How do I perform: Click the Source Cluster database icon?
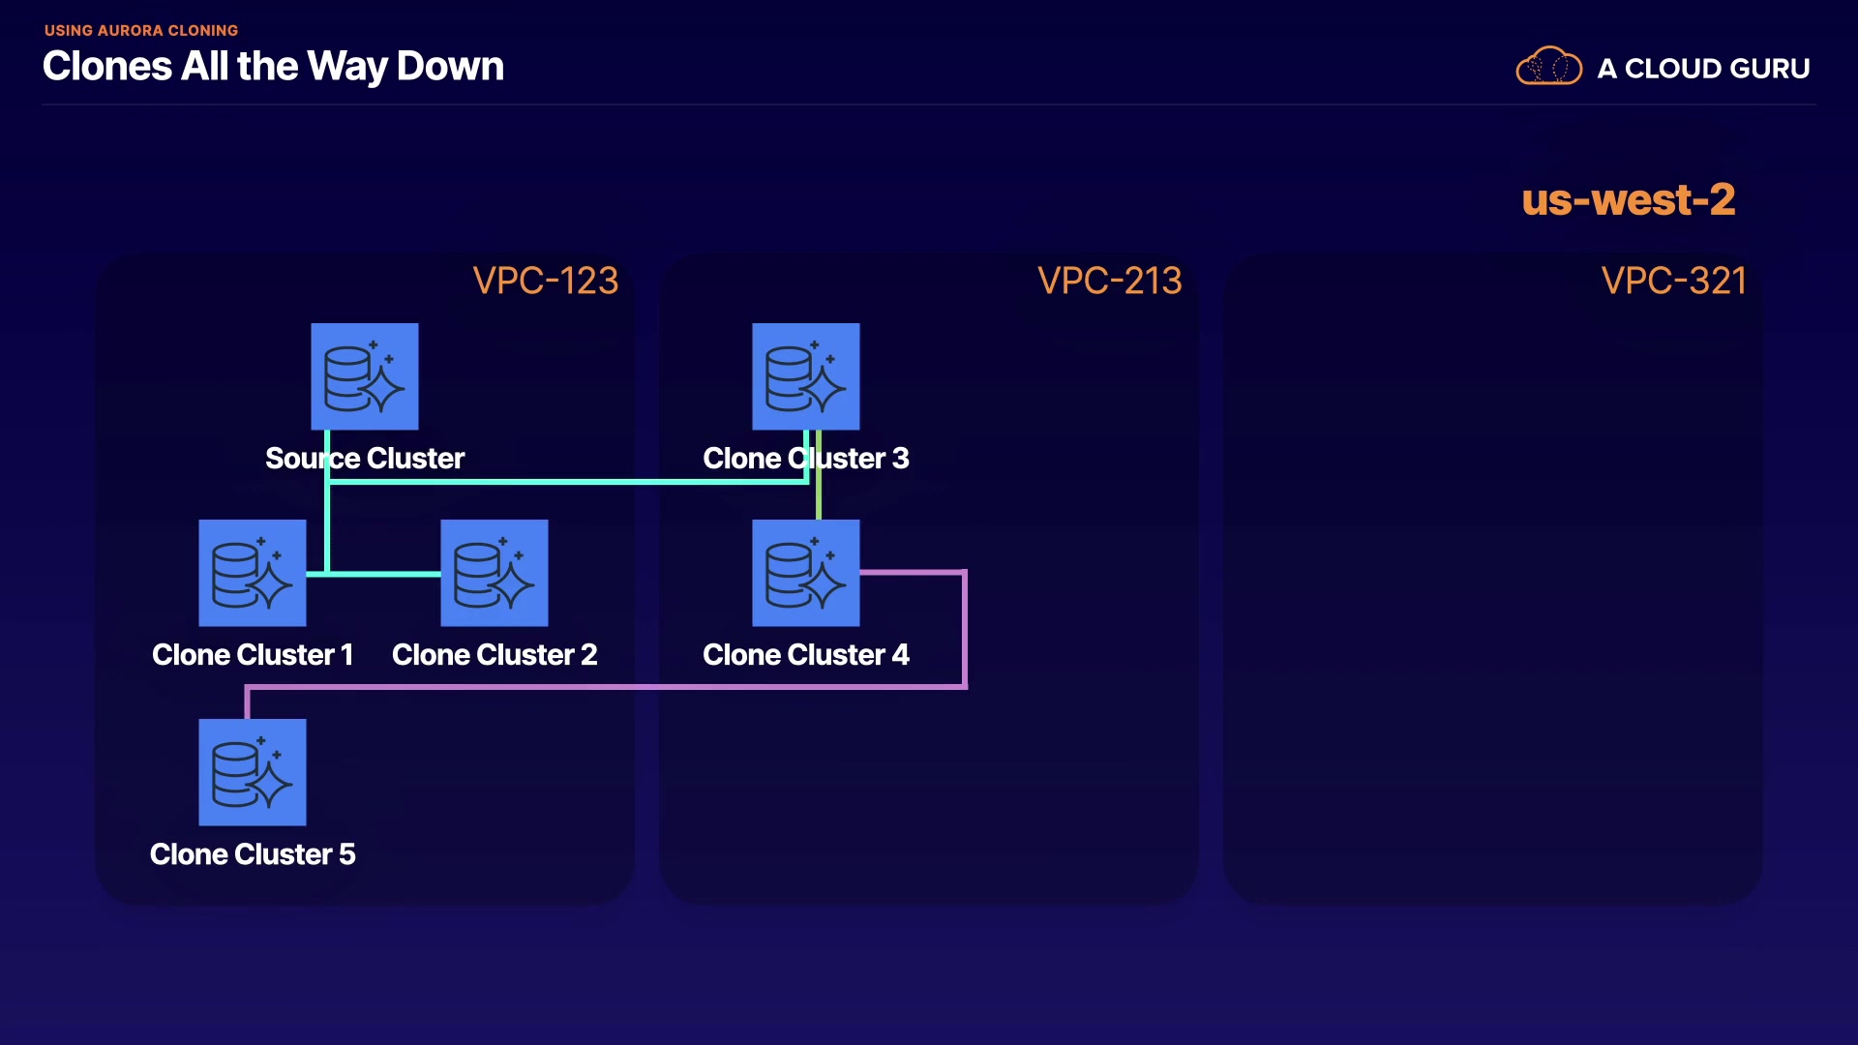(x=364, y=376)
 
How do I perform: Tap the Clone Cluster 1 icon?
(x=253, y=573)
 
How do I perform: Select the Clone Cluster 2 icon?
(x=494, y=573)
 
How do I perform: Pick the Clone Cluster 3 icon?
(x=806, y=376)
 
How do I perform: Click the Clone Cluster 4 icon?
(x=806, y=573)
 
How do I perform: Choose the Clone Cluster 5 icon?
(x=253, y=772)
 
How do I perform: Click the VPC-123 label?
(x=545, y=281)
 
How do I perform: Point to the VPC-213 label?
(x=1109, y=281)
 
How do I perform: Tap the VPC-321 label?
(x=1673, y=281)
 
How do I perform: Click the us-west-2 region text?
(x=1629, y=200)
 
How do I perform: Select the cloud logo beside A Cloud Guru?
(x=1548, y=67)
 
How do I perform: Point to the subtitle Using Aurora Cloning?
(x=141, y=31)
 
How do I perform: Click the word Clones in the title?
(x=107, y=67)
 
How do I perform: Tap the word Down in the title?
(x=450, y=67)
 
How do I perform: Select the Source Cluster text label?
(x=365, y=458)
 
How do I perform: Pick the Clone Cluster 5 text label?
(x=253, y=854)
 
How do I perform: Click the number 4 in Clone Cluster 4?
(x=900, y=655)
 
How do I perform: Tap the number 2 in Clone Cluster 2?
(x=588, y=655)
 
